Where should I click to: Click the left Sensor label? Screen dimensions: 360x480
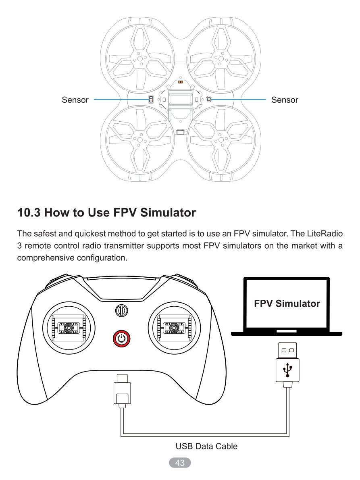75,100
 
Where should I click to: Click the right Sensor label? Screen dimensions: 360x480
284,100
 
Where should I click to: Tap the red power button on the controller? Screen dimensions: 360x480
121,339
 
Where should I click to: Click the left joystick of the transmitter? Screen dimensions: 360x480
69,328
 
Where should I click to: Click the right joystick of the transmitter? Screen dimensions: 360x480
174,328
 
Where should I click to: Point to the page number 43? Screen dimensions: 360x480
180,463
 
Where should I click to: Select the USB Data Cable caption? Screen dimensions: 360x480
206,446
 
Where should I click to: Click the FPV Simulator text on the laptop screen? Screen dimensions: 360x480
287,303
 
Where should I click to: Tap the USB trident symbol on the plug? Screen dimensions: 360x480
287,370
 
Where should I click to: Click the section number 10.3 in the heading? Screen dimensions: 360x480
29,213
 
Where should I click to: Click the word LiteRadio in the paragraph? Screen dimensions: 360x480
325,234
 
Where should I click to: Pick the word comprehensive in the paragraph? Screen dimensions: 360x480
46,258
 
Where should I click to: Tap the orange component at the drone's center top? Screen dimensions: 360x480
181,82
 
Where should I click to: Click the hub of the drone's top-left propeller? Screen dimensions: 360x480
140,58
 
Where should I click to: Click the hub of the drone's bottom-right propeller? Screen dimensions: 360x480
221,140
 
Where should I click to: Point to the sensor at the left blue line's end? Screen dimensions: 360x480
151,100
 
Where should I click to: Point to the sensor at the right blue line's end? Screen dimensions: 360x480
209,99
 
